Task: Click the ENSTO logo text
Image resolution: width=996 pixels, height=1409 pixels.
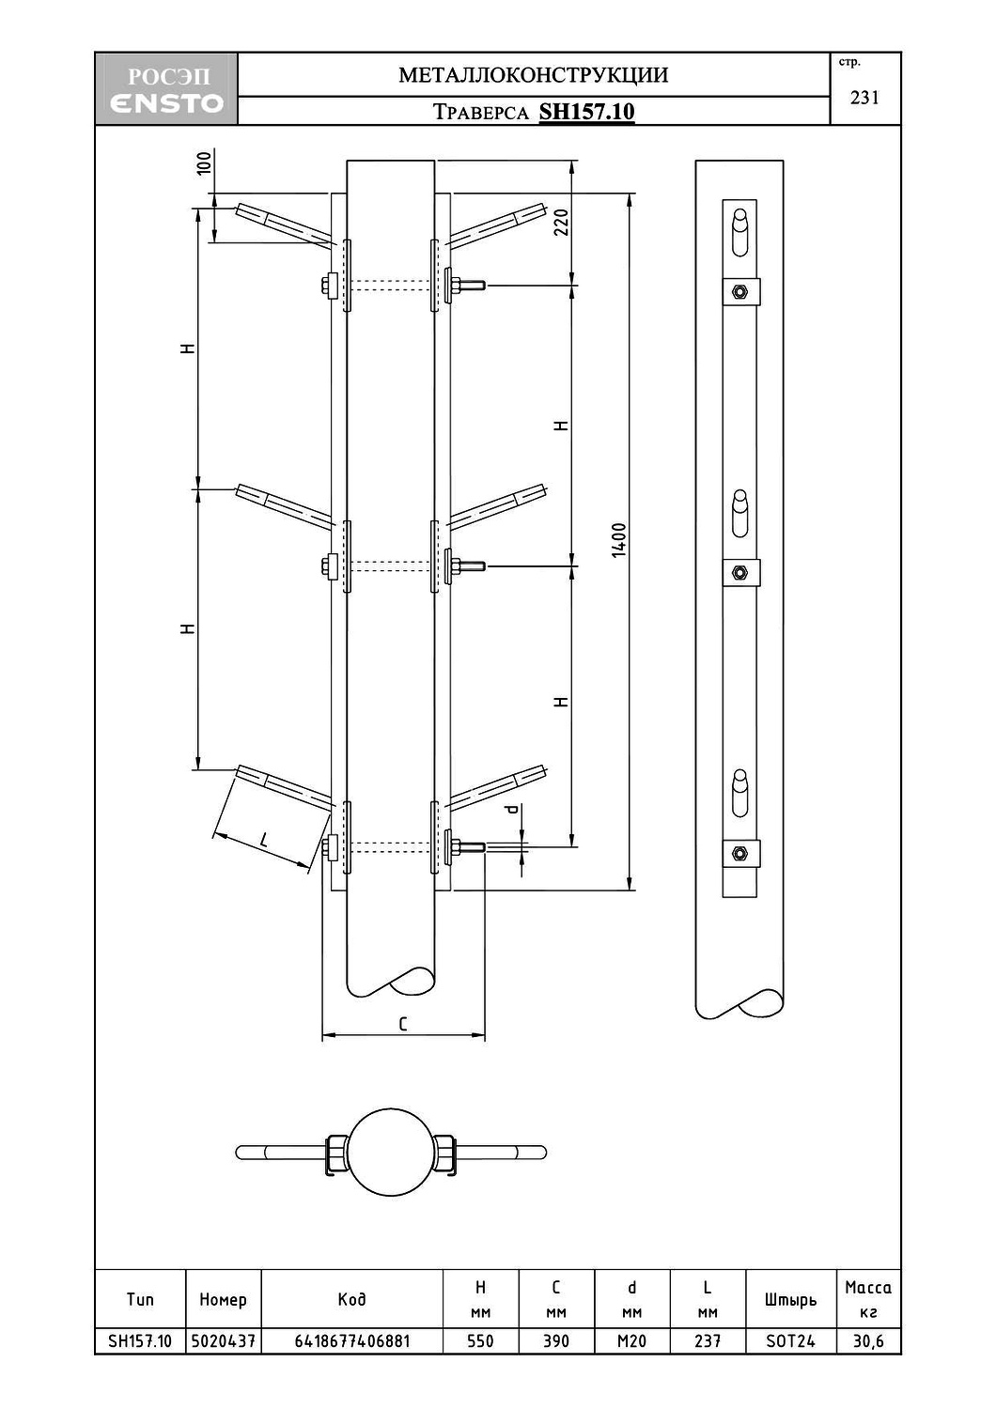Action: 166,102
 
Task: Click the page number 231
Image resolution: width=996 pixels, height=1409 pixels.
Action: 864,98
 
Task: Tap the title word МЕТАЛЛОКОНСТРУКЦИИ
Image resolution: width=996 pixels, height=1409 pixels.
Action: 534,75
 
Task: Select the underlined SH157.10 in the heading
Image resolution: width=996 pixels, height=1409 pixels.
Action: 586,112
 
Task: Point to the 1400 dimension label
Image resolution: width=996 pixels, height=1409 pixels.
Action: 619,540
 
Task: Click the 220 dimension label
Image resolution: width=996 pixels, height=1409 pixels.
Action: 561,222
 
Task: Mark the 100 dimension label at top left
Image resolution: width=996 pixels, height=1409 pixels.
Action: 205,163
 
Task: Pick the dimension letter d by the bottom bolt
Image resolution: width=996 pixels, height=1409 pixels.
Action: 513,809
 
